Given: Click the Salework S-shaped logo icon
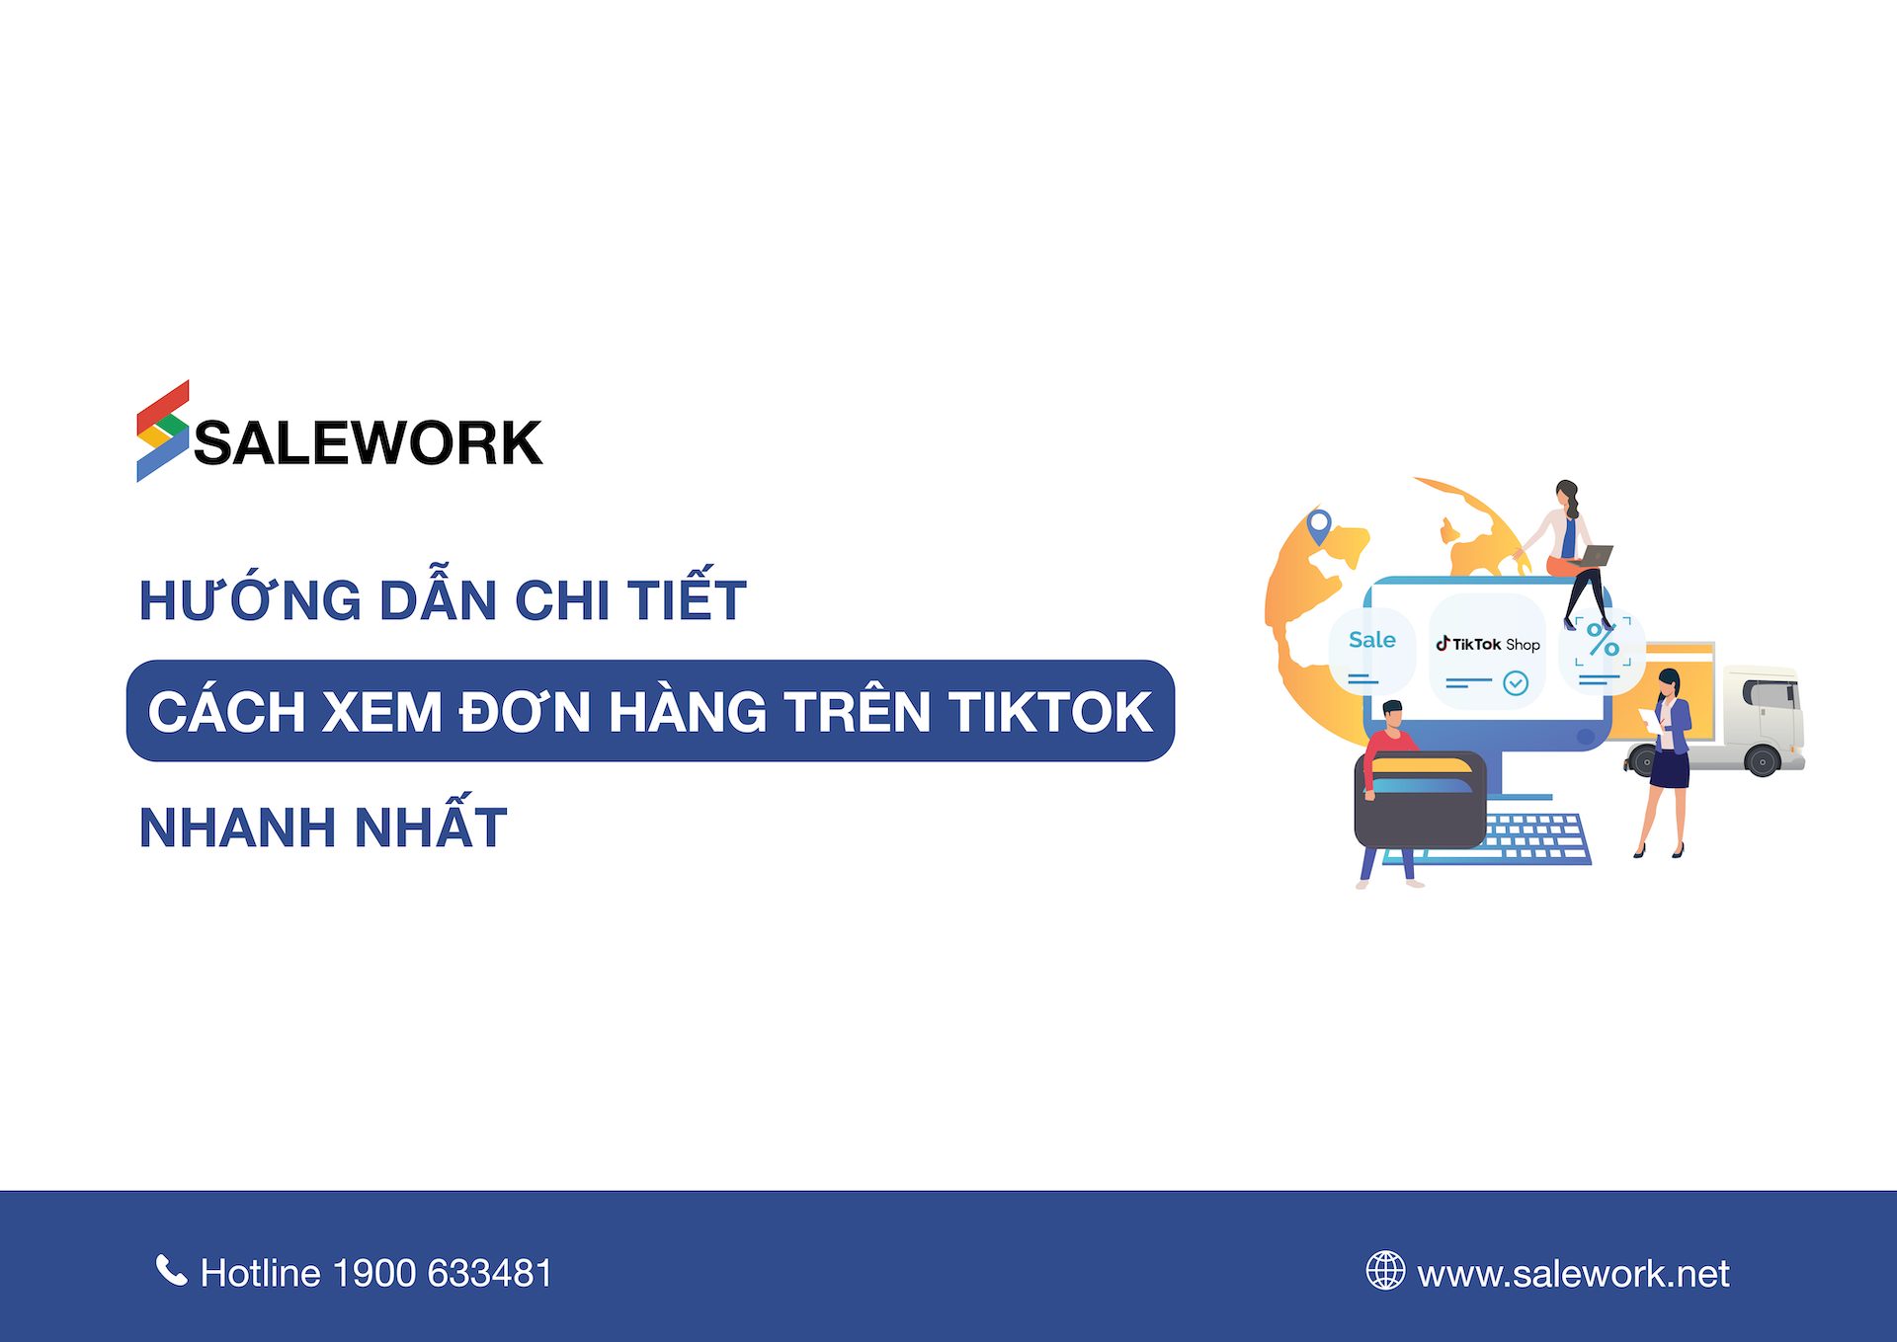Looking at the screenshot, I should click(162, 432).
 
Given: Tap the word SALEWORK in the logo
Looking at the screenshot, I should click(368, 442).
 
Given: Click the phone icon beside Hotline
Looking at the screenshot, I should click(171, 1271).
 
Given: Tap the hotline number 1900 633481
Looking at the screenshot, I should click(443, 1273).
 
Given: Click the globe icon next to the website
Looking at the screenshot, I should click(1385, 1271).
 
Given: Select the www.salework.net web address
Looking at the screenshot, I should click(1573, 1274).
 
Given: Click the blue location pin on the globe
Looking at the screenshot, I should click(1319, 524).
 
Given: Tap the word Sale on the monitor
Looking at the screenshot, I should click(1371, 640).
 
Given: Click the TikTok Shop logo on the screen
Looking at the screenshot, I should click(1488, 644).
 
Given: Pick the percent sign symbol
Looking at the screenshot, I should click(1603, 641).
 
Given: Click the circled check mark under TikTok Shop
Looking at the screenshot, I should click(1516, 682).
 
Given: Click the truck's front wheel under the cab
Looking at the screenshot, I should click(1762, 761).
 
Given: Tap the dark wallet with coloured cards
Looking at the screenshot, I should click(1421, 801).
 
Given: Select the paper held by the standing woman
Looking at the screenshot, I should click(1651, 719).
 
